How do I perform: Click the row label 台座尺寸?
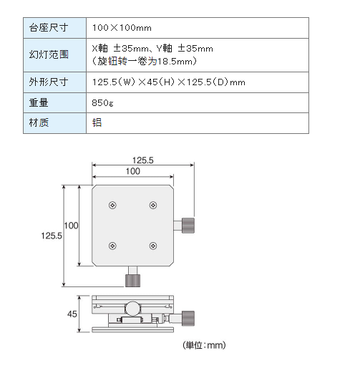[x=49, y=28]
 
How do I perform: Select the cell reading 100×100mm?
[x=122, y=28]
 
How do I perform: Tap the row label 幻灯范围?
[x=49, y=54]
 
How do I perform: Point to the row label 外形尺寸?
[x=49, y=82]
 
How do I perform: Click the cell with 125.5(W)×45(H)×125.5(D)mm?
[x=169, y=82]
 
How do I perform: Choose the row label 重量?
[x=39, y=102]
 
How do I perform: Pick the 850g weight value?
[x=102, y=103]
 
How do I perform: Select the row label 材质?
[x=39, y=122]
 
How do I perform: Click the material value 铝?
[x=97, y=122]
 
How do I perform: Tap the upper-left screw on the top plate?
[x=112, y=206]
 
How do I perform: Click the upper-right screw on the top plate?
[x=153, y=206]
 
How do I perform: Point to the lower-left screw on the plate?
[x=112, y=246]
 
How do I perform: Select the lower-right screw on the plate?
[x=153, y=246]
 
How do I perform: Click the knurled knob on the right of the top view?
[x=188, y=226]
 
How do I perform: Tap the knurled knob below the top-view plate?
[x=133, y=281]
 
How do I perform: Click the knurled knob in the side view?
[x=188, y=318]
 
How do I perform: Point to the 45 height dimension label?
[x=72, y=314]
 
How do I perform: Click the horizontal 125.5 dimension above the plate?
[x=142, y=160]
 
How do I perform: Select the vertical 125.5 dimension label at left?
[x=52, y=236]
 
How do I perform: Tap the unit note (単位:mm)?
[x=204, y=345]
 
